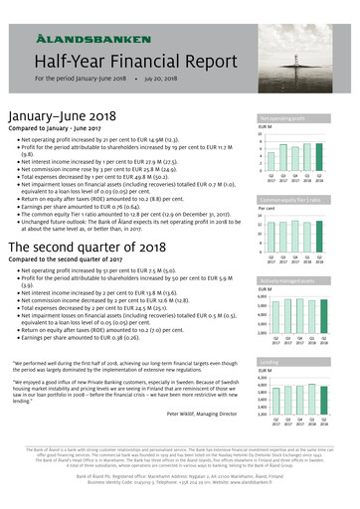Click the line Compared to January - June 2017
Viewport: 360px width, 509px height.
[x=56, y=128]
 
